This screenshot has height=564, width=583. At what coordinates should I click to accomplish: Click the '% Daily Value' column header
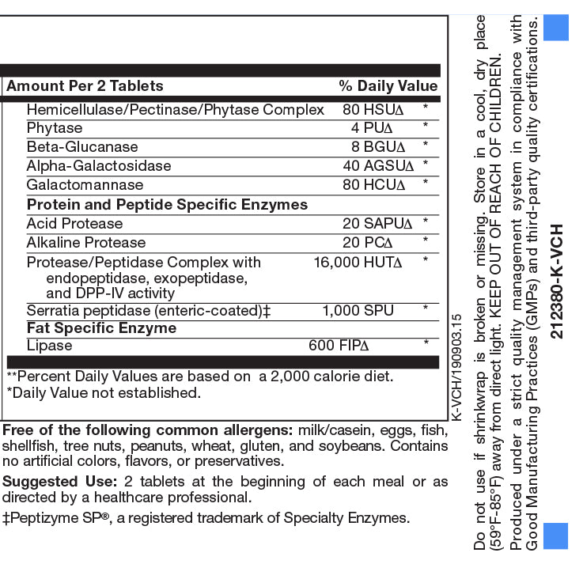click(388, 86)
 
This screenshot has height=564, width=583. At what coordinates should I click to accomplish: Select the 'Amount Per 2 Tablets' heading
click(85, 86)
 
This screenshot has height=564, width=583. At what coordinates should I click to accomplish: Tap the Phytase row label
click(55, 128)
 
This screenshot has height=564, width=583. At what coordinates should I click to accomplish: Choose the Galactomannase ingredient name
click(85, 185)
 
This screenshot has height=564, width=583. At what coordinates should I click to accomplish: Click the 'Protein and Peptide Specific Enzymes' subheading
click(167, 205)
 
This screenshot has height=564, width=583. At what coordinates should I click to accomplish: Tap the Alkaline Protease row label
click(86, 243)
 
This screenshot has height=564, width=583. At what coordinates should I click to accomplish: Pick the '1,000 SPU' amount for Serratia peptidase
click(358, 311)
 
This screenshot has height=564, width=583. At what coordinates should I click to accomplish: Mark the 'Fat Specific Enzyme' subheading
click(101, 328)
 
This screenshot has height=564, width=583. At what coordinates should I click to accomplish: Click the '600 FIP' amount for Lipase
click(339, 346)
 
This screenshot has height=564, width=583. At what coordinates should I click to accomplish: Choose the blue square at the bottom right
click(556, 536)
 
